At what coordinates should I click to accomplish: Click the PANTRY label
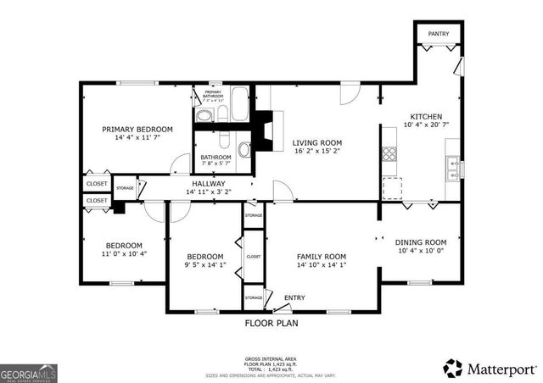[438, 34]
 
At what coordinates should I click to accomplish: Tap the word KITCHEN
[425, 117]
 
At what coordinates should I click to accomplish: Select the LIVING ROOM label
[317, 143]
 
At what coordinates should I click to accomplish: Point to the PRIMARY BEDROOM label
[137, 130]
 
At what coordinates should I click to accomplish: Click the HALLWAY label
[208, 184]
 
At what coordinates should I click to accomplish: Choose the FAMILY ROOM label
[321, 257]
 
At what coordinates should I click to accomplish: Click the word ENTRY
[294, 297]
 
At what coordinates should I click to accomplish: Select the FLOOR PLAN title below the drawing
[271, 323]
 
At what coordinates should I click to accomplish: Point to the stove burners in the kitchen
[391, 153]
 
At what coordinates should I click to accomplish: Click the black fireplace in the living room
[266, 131]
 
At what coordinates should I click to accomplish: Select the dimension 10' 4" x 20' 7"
[425, 126]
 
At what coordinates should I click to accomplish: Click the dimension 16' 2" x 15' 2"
[317, 153]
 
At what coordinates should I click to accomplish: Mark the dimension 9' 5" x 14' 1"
[204, 266]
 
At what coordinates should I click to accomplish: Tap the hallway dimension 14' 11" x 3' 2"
[208, 192]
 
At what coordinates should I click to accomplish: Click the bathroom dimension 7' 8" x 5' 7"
[216, 165]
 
